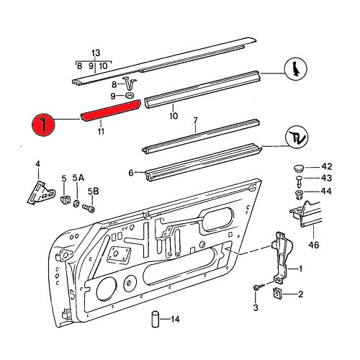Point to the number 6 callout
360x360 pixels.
point(131,173)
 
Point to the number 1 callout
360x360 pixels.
point(300,269)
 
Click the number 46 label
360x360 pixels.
point(313,245)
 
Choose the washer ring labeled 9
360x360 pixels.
point(129,95)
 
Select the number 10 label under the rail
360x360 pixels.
point(173,116)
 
